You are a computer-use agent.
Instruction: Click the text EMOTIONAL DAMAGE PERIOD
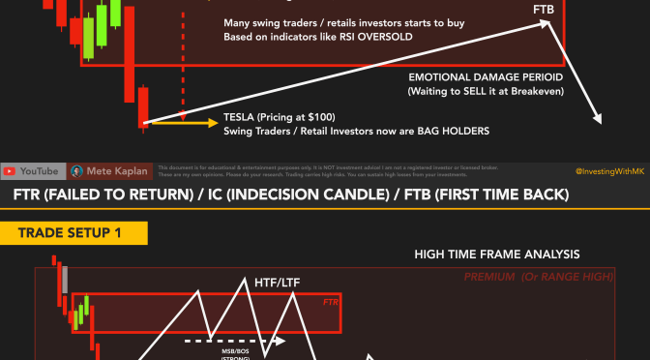[491, 76]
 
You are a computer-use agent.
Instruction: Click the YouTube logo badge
[33, 171]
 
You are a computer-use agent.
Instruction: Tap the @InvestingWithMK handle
[608, 171]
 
